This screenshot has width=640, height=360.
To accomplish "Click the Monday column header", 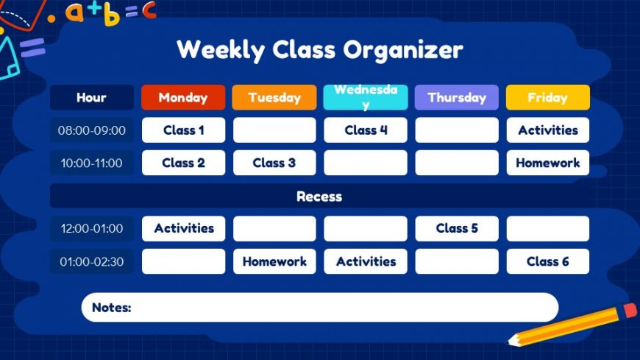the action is [183, 97].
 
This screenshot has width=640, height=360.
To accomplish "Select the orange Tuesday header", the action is [274, 97].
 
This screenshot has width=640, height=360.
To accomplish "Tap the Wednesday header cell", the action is [366, 97].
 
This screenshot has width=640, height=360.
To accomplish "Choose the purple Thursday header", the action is [457, 97].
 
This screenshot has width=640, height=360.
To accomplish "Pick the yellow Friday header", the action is [548, 97].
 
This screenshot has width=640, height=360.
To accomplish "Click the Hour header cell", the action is [92, 97].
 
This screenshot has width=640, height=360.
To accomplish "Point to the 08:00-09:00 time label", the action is [92, 130].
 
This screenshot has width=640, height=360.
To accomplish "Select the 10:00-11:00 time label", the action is [92, 163].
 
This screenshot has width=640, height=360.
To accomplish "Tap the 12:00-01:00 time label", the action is [92, 228].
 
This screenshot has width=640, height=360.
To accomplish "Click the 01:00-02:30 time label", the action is [92, 261].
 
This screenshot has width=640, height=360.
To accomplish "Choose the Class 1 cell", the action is [184, 130].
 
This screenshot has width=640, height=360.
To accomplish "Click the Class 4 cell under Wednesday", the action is [366, 130].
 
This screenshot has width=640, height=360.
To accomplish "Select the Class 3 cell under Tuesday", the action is [274, 163].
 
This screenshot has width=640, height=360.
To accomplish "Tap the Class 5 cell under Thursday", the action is [457, 228].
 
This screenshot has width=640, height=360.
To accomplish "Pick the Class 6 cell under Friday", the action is [548, 261].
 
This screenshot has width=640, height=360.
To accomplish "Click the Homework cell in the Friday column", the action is [548, 163].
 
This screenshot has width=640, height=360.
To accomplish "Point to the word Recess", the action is [319, 197].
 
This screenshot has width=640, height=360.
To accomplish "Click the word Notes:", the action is [111, 307].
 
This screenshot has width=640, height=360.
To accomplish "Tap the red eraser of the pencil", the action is [630, 310].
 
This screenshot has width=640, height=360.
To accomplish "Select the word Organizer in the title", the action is [403, 50].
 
